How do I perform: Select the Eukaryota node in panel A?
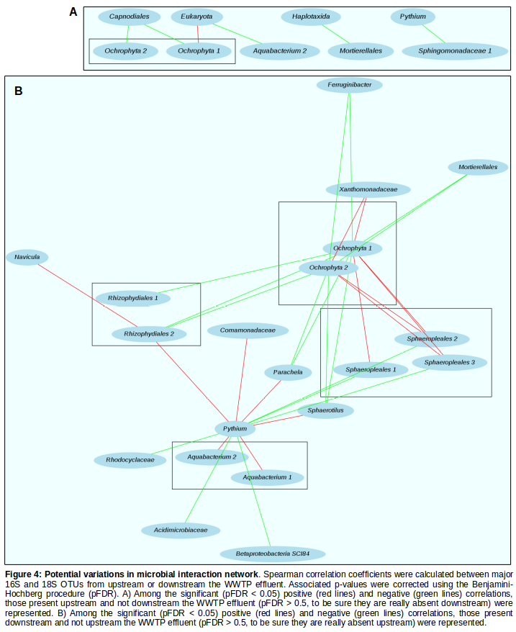[197, 17]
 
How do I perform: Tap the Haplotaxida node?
[311, 17]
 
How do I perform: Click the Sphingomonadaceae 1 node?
[455, 50]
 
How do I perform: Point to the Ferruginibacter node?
[350, 85]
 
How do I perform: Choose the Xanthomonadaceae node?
[368, 189]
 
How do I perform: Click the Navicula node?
[27, 257]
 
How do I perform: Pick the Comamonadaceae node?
[248, 330]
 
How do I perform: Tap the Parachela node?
[288, 372]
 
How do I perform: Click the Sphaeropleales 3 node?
[449, 362]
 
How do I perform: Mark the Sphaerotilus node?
[325, 411]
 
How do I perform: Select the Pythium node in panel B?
[235, 429]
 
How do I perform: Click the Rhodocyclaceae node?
[130, 460]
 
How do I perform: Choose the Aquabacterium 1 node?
[267, 477]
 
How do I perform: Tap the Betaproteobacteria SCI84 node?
[272, 554]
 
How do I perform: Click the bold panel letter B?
[19, 91]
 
